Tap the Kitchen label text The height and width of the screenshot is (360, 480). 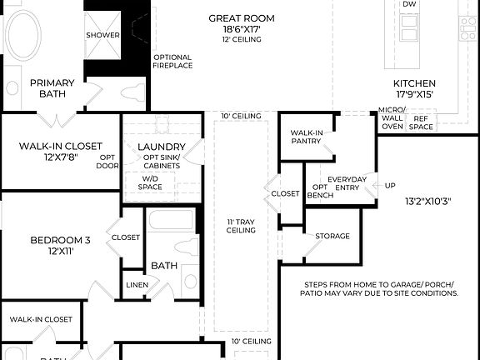click(414, 83)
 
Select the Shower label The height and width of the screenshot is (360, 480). click(102, 35)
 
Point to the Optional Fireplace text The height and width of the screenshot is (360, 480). click(172, 61)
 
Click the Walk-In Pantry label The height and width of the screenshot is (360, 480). click(307, 137)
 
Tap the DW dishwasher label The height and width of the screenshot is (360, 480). click(409, 4)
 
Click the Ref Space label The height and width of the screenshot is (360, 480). click(422, 122)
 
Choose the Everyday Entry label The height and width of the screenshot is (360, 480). click(347, 184)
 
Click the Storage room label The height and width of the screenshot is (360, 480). click(332, 237)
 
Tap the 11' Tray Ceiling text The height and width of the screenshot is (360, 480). click(241, 227)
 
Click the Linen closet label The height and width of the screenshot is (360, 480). click(137, 285)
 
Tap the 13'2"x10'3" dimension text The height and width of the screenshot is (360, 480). click(428, 201)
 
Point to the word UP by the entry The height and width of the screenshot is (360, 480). click(390, 185)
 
